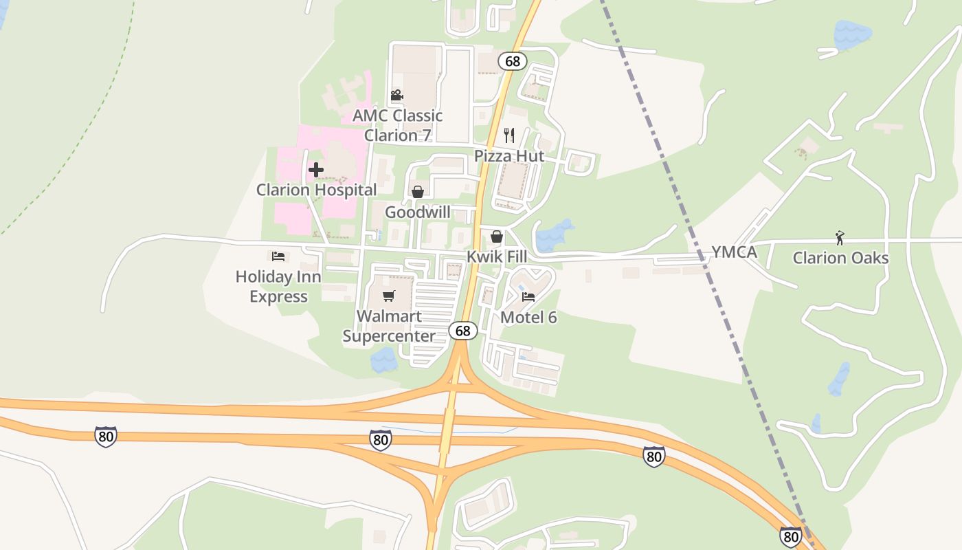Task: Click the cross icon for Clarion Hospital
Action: (x=316, y=169)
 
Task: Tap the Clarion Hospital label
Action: (x=316, y=190)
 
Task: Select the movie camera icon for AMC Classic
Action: (x=396, y=95)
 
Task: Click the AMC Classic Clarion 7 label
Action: (x=398, y=125)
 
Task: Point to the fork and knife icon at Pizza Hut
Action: (x=509, y=135)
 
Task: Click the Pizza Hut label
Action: (x=509, y=156)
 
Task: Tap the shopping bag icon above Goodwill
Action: (x=417, y=192)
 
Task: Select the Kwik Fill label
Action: (x=497, y=257)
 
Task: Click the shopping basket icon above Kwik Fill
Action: (x=497, y=236)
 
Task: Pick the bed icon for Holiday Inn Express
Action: (x=278, y=256)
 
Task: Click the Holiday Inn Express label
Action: (x=278, y=287)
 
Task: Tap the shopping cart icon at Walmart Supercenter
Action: (x=389, y=296)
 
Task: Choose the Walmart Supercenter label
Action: (x=389, y=327)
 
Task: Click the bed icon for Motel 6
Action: (x=528, y=297)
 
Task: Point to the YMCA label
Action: (x=734, y=252)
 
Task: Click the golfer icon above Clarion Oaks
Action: (x=840, y=238)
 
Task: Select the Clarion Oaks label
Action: (x=840, y=258)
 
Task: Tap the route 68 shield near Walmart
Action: (x=463, y=331)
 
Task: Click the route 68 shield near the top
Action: (x=513, y=61)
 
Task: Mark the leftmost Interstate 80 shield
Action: (x=106, y=436)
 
